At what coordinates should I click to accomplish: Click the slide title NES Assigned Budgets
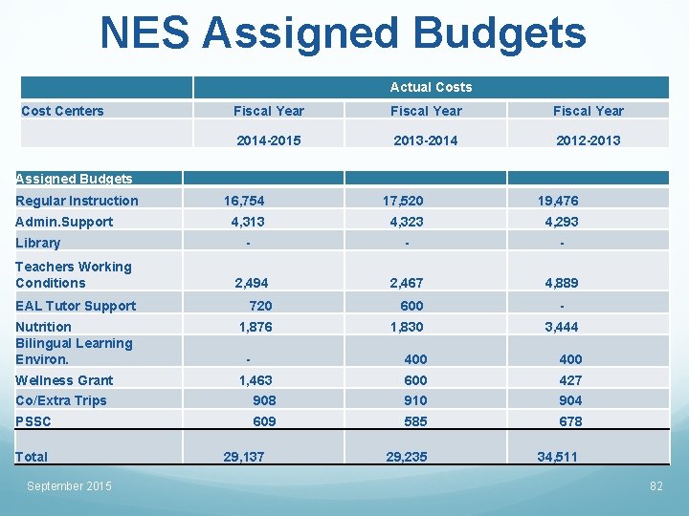pyautogui.click(x=344, y=33)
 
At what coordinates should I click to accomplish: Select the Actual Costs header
pyautogui.click(x=431, y=87)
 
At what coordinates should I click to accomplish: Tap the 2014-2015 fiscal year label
pyautogui.click(x=269, y=140)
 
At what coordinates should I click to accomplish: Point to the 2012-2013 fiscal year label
pyautogui.click(x=588, y=140)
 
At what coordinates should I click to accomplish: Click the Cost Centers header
pyautogui.click(x=62, y=111)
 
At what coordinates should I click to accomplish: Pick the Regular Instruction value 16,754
pyautogui.click(x=244, y=201)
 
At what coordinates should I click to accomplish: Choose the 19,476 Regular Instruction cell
pyautogui.click(x=558, y=201)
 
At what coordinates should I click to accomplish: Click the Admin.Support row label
pyautogui.click(x=64, y=222)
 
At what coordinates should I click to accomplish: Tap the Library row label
pyautogui.click(x=37, y=243)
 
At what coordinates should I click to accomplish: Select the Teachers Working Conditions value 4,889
pyautogui.click(x=562, y=283)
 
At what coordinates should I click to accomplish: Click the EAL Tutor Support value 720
pyautogui.click(x=260, y=306)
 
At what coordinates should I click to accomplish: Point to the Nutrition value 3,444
pyautogui.click(x=562, y=327)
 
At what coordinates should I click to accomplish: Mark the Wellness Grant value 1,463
pyautogui.click(x=256, y=380)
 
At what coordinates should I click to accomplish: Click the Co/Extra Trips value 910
pyautogui.click(x=415, y=400)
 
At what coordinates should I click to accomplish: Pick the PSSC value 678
pyautogui.click(x=570, y=421)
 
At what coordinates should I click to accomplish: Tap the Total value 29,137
pyautogui.click(x=244, y=457)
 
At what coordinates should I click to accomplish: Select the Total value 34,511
pyautogui.click(x=557, y=457)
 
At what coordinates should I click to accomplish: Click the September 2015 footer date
pyautogui.click(x=69, y=486)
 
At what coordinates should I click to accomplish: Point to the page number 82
pyautogui.click(x=656, y=486)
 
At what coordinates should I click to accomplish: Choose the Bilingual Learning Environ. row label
pyautogui.click(x=74, y=352)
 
